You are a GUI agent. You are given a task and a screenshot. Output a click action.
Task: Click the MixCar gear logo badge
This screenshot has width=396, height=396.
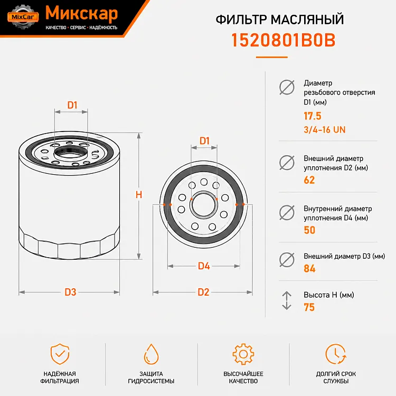(x=23, y=17)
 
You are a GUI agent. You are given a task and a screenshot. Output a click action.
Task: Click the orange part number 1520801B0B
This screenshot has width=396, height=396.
(x=283, y=40)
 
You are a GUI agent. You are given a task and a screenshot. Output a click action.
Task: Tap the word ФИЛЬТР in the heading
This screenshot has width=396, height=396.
(x=241, y=20)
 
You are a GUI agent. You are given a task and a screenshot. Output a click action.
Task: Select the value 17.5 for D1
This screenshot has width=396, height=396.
(x=313, y=116)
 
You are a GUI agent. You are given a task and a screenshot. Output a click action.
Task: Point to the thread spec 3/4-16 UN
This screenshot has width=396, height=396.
(x=325, y=129)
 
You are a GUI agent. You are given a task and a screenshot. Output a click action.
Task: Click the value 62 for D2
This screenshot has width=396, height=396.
(x=309, y=180)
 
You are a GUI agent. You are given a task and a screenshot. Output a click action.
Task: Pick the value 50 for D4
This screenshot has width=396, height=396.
(x=309, y=230)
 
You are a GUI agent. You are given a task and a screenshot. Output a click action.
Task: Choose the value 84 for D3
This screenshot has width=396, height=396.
(x=309, y=268)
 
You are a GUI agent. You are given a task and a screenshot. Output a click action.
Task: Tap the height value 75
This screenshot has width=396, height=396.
(x=309, y=307)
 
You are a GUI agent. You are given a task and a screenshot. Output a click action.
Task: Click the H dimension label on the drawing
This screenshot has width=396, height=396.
(x=139, y=195)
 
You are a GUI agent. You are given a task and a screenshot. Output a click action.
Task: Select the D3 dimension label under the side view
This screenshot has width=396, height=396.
(x=70, y=292)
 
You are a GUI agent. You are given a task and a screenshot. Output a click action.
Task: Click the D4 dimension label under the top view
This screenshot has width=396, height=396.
(x=204, y=266)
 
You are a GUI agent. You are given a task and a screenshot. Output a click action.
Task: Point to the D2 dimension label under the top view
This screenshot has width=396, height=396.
(x=203, y=292)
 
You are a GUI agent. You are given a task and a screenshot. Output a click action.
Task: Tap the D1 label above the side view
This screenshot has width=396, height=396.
(x=72, y=105)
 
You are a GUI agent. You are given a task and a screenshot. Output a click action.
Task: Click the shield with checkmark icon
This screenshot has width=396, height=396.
(x=60, y=354)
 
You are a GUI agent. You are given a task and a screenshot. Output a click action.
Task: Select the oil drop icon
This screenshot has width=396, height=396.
(x=151, y=354)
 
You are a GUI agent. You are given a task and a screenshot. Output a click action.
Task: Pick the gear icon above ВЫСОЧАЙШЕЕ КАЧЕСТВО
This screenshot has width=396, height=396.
(x=243, y=354)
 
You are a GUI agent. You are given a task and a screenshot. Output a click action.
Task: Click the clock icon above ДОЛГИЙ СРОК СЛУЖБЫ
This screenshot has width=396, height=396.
(x=336, y=354)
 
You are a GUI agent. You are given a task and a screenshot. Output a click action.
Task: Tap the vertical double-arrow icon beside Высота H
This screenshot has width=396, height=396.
(x=287, y=300)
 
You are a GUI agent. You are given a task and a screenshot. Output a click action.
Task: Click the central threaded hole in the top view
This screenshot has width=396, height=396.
(x=204, y=205)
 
